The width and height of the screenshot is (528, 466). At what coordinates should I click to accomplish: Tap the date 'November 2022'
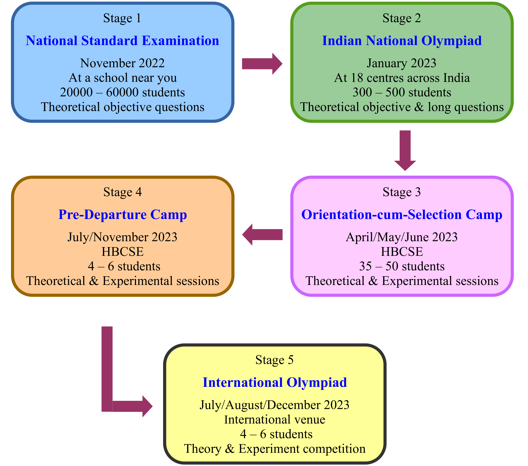(x=122, y=63)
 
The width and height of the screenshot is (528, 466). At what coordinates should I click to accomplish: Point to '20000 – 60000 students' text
(x=122, y=92)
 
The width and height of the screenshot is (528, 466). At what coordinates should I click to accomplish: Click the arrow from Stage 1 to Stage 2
(x=262, y=64)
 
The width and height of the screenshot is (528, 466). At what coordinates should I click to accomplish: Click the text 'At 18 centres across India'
(x=402, y=78)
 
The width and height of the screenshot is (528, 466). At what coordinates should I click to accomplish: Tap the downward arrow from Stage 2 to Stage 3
(x=405, y=151)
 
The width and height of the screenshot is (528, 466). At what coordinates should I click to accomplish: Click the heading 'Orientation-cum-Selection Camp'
(x=402, y=215)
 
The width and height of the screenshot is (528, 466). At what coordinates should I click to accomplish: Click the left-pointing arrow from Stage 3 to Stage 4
(x=262, y=234)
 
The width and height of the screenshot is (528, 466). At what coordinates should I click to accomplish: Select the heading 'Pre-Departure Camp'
(x=123, y=215)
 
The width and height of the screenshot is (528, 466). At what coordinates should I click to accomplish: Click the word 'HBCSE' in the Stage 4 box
(x=122, y=252)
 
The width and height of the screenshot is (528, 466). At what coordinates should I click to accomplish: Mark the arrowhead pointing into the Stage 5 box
(x=147, y=406)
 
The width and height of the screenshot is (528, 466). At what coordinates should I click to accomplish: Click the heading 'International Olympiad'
(x=275, y=383)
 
